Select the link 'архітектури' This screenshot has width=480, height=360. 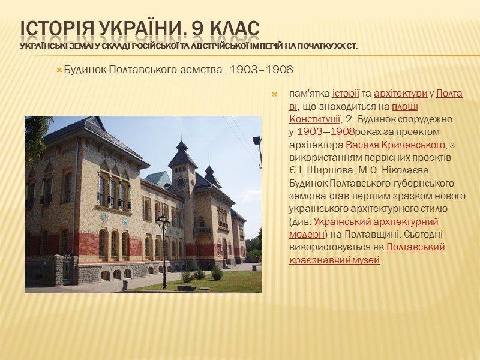tap(400, 94)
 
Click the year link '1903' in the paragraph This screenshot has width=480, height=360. tap(309, 131)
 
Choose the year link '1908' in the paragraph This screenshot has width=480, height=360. tap(342, 131)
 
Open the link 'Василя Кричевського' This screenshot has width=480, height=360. tap(396, 145)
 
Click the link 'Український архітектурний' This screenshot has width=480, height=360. tap(376, 221)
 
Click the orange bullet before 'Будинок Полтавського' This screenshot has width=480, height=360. tap(59, 71)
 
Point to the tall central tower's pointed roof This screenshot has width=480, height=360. tap(182, 150)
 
